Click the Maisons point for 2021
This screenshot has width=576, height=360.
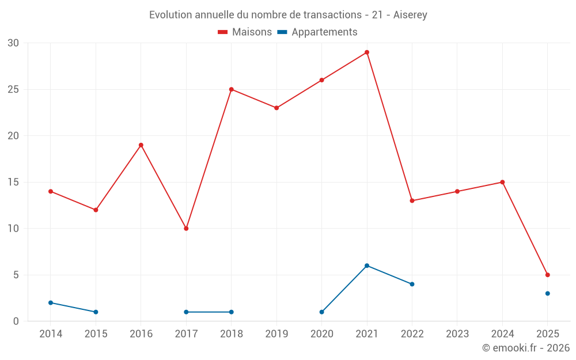tap(367, 52)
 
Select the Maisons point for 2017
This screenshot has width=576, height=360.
tap(186, 229)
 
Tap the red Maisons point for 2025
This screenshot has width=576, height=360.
tap(547, 275)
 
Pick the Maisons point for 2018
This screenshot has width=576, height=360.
tap(231, 89)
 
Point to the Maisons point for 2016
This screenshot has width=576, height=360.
tap(141, 145)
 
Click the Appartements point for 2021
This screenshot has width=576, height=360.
tap(367, 266)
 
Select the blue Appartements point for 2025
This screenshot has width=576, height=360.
tap(547, 293)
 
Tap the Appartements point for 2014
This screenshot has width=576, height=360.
tap(51, 302)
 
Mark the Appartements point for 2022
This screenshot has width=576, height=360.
tap(412, 284)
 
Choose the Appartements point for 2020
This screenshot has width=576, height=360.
tap(321, 312)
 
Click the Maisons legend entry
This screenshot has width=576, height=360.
tap(245, 32)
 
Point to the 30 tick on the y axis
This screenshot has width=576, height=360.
tap(13, 43)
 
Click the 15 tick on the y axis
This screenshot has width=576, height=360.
tap(13, 182)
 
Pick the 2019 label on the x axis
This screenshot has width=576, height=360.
tap(276, 334)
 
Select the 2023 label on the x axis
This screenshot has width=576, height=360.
tap(457, 334)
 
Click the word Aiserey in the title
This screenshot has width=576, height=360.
tap(410, 15)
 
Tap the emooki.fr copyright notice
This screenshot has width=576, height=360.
tap(525, 348)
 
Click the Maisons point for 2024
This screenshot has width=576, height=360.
tap(502, 182)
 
